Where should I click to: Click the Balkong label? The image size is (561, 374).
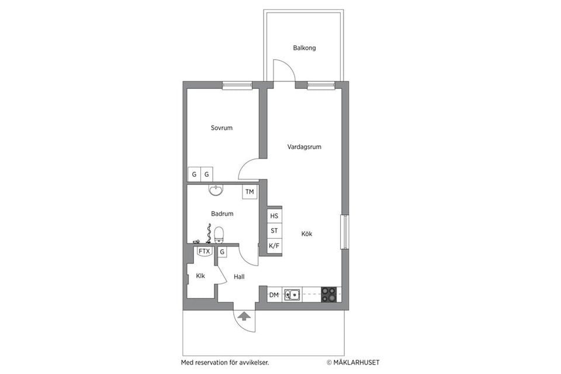point(304,48)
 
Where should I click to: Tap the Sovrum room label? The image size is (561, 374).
point(221,128)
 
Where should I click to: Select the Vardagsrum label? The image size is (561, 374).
point(304,147)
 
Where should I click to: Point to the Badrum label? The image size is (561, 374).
point(222,214)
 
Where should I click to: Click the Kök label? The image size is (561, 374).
point(307,234)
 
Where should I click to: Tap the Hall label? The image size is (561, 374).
point(238,277)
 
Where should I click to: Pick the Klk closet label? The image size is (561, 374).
point(200,276)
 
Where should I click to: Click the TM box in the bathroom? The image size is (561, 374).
point(250,192)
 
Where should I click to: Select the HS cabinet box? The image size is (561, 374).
point(274,215)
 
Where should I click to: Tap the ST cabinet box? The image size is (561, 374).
point(274,231)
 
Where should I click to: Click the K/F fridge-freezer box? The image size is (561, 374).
point(274,246)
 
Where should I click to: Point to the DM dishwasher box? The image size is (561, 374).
point(273,295)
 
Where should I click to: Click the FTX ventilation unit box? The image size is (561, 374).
point(204,252)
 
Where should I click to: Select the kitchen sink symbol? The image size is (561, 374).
point(292,295)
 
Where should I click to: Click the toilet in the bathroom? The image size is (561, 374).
point(219,235)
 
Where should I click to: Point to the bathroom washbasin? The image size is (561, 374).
point(216,190)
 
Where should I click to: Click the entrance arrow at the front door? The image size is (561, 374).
point(244,317)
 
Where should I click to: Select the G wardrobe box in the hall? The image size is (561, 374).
point(222,252)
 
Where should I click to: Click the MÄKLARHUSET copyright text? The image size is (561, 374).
point(352,362)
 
